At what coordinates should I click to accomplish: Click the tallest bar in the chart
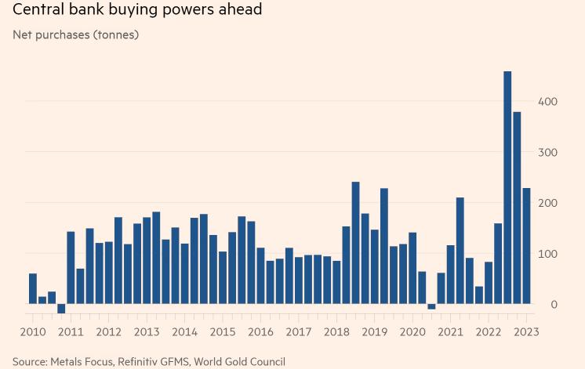tap(507, 188)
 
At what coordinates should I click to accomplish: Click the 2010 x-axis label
tap(33, 331)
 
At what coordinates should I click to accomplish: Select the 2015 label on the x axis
tap(223, 331)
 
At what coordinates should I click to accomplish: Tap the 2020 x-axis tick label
tap(412, 331)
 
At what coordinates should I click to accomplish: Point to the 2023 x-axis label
tap(526, 331)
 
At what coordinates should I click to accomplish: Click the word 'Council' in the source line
tap(265, 361)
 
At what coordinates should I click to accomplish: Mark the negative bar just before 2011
tap(61, 309)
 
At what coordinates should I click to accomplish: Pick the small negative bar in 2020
tap(431, 306)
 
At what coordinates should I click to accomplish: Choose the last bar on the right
tap(526, 246)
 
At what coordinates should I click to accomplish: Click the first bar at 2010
tap(33, 289)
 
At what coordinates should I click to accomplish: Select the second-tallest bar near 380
tap(517, 208)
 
